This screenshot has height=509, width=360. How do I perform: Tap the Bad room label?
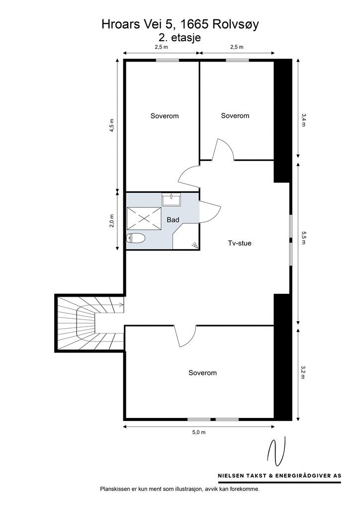pos(173,219)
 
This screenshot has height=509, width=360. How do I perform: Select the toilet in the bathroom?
pos(136,239)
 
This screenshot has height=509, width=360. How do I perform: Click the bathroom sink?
pos(171,200)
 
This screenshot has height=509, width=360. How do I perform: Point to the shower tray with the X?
pos(144,218)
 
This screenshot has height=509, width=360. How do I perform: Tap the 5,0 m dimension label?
pos(198,432)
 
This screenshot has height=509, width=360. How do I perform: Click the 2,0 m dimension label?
pos(112,220)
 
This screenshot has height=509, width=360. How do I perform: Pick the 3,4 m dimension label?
pos(303,119)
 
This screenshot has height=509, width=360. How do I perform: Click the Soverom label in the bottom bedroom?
pos(202,373)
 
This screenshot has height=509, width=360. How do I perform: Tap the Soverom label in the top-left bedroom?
pos(165,116)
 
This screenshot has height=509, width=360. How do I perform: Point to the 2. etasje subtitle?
pos(180,36)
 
